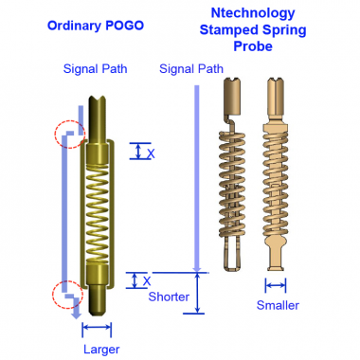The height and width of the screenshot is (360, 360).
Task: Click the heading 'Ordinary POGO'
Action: tap(96, 26)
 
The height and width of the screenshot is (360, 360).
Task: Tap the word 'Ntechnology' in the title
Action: tap(253, 13)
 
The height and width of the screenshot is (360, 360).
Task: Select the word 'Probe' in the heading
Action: tap(253, 46)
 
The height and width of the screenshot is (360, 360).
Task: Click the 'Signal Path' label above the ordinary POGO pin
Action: tap(95, 69)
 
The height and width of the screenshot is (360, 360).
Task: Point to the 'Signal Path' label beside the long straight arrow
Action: tap(191, 69)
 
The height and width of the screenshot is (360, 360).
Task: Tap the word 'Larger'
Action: tap(101, 350)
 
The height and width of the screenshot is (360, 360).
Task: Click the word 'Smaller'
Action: tap(278, 305)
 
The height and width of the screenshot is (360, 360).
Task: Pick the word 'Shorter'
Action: tap(169, 297)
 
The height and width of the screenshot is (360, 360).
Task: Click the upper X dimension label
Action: tap(152, 154)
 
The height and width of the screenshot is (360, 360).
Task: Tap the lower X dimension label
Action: tap(147, 281)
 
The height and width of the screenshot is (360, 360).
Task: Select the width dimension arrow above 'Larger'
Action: tap(97, 328)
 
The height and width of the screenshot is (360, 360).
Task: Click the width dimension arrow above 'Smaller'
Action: tap(276, 285)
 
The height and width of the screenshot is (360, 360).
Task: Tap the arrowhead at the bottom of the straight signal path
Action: tap(197, 268)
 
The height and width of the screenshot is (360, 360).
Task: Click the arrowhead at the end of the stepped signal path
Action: tap(76, 315)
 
